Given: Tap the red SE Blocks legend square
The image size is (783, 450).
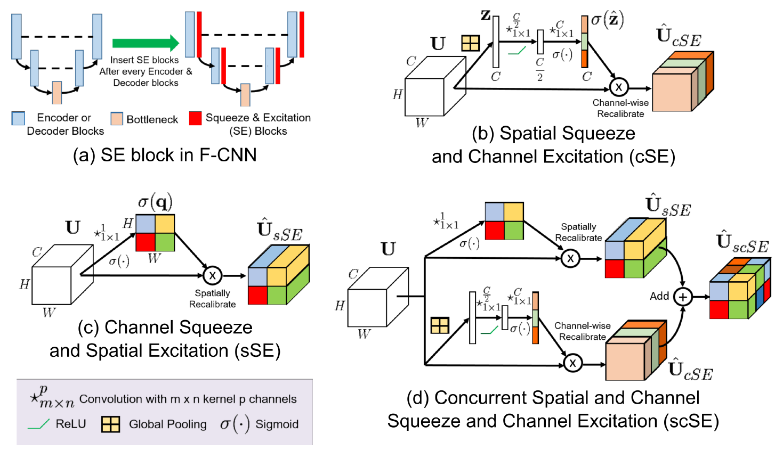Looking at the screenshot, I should click(195, 118).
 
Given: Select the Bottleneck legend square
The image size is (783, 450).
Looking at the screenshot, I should click(117, 119).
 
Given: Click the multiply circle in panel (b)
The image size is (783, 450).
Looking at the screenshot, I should click(618, 87).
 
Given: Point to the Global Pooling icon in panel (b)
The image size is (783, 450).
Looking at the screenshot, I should click(471, 43).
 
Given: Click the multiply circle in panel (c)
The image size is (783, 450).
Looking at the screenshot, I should click(212, 275).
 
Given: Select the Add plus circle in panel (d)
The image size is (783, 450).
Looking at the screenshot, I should click(683, 297).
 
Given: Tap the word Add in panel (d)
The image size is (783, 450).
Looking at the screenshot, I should click(659, 296).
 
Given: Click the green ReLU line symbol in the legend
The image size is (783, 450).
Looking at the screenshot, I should click(38, 424).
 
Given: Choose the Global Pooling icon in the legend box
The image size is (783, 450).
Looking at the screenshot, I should click(110, 424).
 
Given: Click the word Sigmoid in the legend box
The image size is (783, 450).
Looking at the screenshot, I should click(277, 424).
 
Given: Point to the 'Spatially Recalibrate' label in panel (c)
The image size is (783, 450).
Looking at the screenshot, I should click(212, 299).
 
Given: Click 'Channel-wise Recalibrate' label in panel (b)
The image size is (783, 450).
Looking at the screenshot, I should click(620, 108).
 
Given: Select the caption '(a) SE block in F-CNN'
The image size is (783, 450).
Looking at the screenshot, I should click(165, 155).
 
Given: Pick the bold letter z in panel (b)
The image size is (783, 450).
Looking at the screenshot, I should click(485, 15).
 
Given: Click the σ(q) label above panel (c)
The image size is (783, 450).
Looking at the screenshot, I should click(155, 202).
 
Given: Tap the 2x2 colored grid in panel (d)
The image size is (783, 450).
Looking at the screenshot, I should click(504, 221).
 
